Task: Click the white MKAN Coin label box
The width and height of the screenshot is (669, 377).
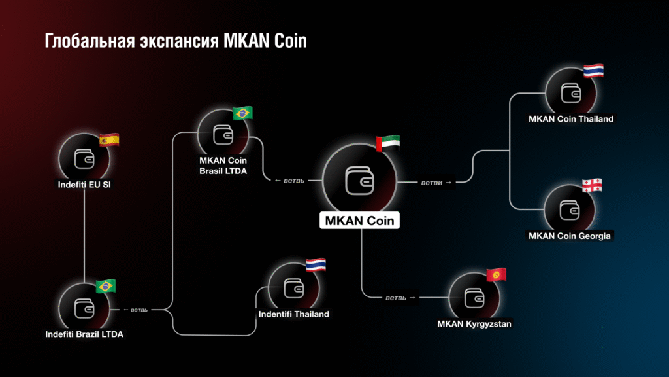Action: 359,221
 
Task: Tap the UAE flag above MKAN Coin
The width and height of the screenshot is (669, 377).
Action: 388,143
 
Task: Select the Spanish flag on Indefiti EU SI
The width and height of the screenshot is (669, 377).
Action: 109,140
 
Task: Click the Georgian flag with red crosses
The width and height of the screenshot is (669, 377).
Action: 592,185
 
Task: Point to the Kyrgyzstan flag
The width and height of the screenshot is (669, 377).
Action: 497,274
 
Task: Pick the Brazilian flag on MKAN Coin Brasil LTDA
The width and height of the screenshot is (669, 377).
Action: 242,113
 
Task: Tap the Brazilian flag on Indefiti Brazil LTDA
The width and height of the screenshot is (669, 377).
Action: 106,286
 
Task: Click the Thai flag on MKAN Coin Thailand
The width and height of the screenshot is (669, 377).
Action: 593,71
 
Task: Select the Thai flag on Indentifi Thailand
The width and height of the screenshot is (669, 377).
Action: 316,265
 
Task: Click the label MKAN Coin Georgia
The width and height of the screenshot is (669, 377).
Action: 569,236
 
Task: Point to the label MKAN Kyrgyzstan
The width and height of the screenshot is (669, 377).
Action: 474,324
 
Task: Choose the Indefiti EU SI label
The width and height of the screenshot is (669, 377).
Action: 84,185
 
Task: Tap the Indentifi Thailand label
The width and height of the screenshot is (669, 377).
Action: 293,314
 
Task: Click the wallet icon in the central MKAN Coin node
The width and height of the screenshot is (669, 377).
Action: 359,181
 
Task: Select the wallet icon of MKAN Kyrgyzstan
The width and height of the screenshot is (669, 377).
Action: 474,298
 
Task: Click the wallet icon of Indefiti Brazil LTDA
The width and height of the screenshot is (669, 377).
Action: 84,309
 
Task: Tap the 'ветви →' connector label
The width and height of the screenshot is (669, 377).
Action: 436,183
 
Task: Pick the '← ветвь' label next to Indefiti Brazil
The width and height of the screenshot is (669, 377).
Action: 135,310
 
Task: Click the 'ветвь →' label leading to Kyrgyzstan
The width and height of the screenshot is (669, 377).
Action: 400,298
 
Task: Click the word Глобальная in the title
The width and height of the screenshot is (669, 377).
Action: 90,41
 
